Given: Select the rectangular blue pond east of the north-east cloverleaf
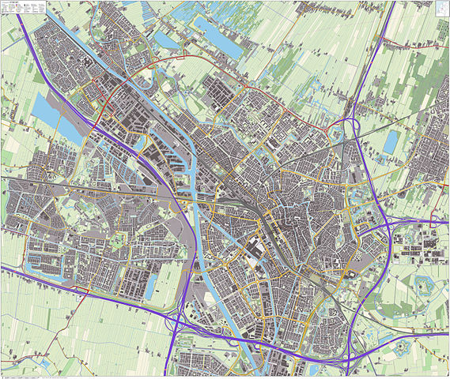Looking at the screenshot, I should pyautogui.click(x=391, y=141).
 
